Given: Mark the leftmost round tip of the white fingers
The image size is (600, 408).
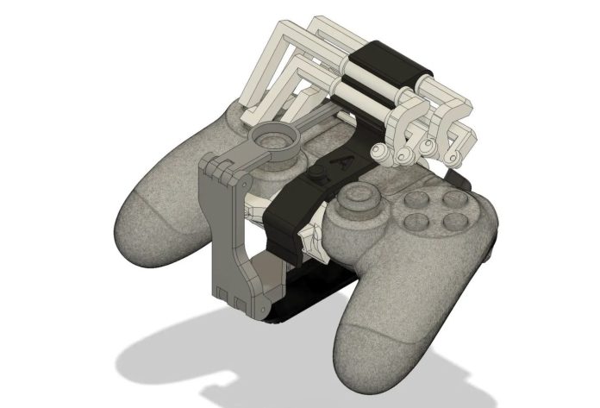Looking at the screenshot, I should point(377,153).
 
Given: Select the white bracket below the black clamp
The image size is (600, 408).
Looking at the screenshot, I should point(309,238).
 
